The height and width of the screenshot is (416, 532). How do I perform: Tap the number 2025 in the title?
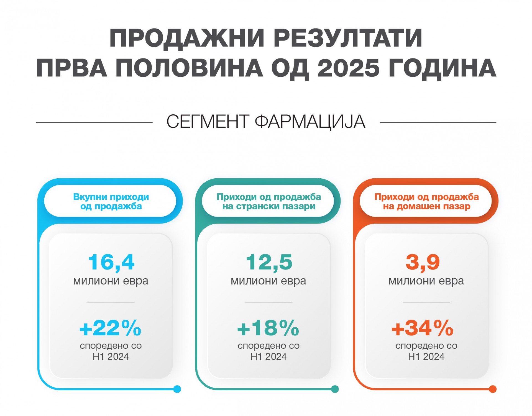[348, 68]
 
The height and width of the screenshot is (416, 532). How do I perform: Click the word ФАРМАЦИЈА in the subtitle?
[310, 122]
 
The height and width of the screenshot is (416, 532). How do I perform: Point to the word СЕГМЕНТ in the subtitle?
[208, 122]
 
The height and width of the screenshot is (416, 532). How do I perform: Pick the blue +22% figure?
[110, 328]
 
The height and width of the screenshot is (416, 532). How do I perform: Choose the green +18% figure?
[268, 328]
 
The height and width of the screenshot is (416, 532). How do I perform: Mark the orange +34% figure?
[422, 328]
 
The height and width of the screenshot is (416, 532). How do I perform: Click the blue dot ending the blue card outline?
[177, 389]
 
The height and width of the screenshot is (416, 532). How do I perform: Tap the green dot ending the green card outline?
[335, 389]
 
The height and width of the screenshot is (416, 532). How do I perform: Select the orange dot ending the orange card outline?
[493, 389]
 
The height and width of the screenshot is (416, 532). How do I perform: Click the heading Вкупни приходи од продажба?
[111, 201]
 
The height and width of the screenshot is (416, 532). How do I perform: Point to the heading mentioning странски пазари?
[269, 201]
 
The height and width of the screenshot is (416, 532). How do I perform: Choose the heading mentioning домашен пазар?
[426, 201]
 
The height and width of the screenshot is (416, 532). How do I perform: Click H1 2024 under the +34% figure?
[426, 357]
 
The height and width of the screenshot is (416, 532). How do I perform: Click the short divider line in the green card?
[268, 302]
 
